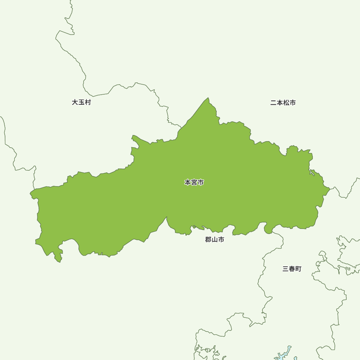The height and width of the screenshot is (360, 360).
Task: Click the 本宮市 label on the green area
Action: point(194,183)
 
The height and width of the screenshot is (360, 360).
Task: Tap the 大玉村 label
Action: point(81,102)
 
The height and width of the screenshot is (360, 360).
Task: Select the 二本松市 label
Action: point(283,103)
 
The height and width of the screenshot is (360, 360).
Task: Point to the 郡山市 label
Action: point(215,240)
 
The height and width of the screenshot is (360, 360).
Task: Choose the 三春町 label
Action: point(292,269)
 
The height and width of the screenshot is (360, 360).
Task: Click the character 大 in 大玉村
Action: point(75,102)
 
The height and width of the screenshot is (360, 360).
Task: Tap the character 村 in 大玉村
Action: point(88,102)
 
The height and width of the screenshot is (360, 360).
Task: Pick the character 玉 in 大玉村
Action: point(81,102)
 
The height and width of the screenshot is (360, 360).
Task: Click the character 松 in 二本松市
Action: point(286,103)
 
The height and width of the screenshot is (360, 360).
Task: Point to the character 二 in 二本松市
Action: point(273,103)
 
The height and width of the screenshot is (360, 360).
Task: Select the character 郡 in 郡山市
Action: point(208,240)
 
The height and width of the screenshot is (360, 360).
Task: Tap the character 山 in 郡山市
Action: point(215,240)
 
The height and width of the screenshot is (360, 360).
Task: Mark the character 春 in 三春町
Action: point(292,269)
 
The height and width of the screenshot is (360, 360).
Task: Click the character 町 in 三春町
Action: point(298,269)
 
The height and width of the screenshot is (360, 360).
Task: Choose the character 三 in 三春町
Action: point(285,269)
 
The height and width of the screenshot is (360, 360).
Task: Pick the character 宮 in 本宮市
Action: point(194,183)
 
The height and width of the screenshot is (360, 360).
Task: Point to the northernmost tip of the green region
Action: point(208,98)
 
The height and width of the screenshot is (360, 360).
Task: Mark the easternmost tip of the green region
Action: point(329,188)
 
